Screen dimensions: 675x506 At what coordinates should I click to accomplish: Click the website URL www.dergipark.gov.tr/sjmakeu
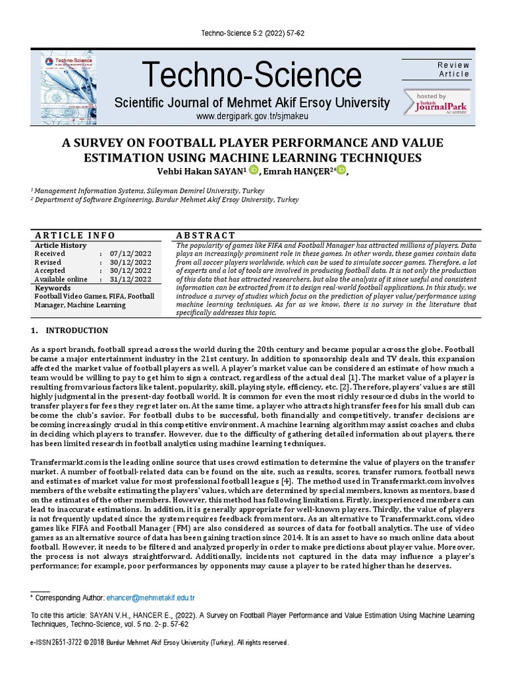click(x=253, y=116)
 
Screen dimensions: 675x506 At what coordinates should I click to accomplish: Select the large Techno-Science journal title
click(x=251, y=74)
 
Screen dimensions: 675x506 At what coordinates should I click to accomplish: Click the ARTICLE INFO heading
click(x=74, y=235)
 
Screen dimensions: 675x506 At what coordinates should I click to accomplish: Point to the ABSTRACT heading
click(x=206, y=235)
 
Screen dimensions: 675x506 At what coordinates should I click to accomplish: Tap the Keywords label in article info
click(x=53, y=288)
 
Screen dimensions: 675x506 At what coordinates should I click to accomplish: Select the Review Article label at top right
click(x=454, y=70)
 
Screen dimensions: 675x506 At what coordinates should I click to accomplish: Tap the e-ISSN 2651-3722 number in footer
click(x=61, y=642)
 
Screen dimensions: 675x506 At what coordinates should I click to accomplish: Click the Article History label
click(x=61, y=245)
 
